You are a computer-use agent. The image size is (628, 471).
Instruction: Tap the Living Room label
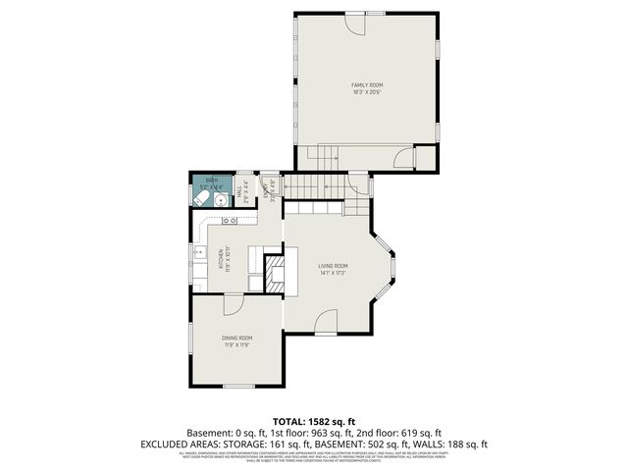click(x=333, y=268)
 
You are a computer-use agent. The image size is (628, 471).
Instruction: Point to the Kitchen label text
click(x=226, y=258)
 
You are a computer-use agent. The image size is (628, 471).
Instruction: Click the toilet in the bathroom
click(x=200, y=198)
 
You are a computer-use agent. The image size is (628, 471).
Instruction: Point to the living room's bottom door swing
click(x=327, y=323)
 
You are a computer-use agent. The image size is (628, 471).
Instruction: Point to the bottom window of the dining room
click(x=238, y=387)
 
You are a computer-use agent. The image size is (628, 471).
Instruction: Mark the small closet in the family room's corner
click(x=425, y=157)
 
